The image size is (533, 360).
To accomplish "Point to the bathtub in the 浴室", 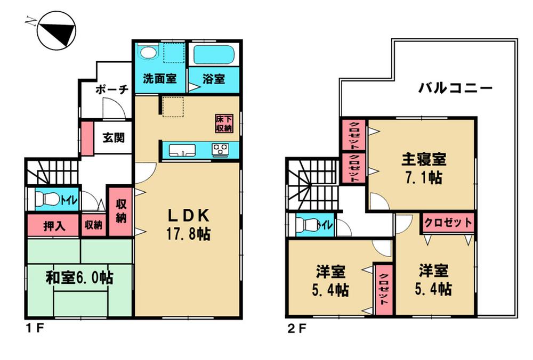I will coord(215,55).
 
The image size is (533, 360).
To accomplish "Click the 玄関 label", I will coord(114,138).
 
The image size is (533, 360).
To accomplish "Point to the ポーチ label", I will coord(112,90).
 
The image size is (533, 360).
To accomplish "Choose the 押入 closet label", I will coord(54,225).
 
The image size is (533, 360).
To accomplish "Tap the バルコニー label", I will coord(455,88).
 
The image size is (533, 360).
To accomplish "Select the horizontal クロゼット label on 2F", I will coord(448,223).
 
